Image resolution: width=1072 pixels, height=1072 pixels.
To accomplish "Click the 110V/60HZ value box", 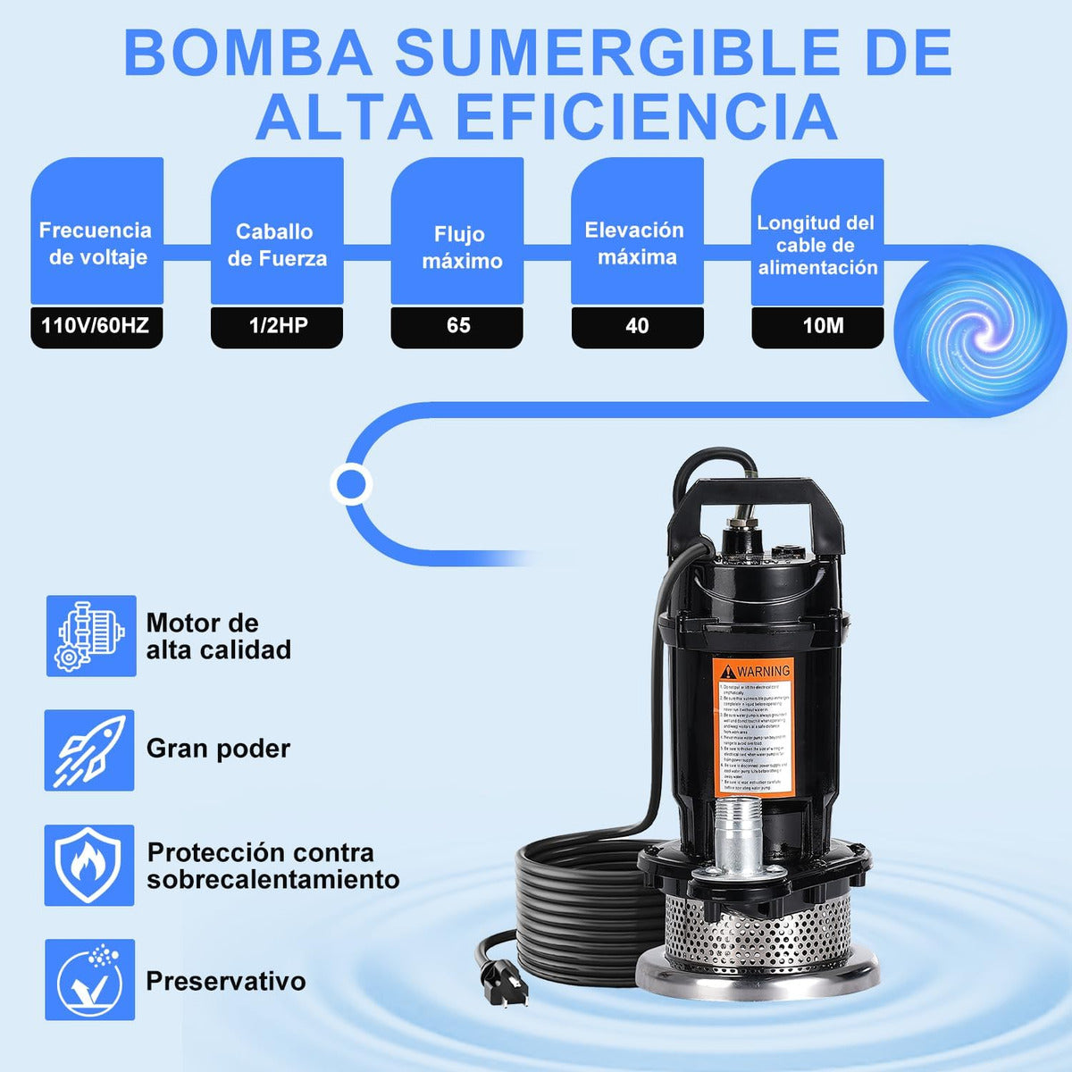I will [x=96, y=326].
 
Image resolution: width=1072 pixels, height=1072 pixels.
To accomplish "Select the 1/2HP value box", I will [x=277, y=326].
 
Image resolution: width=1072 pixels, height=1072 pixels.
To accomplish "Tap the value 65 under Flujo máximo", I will [x=457, y=326].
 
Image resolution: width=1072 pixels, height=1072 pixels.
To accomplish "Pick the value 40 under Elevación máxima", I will [x=637, y=326].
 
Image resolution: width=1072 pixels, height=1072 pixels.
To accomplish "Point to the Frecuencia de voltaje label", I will [x=96, y=244].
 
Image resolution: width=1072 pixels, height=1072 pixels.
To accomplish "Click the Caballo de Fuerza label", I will [x=277, y=245].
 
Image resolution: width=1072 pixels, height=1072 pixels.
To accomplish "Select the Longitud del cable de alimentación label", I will [x=817, y=245].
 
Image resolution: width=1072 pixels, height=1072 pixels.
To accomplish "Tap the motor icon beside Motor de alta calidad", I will [x=91, y=636].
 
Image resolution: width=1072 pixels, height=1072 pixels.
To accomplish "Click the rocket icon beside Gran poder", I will [x=89, y=750].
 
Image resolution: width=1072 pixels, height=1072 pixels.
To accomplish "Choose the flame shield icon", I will [x=89, y=865].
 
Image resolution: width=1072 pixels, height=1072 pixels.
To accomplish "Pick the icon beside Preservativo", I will [x=89, y=979].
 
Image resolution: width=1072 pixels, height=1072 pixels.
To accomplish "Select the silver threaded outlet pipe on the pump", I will [x=738, y=835].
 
